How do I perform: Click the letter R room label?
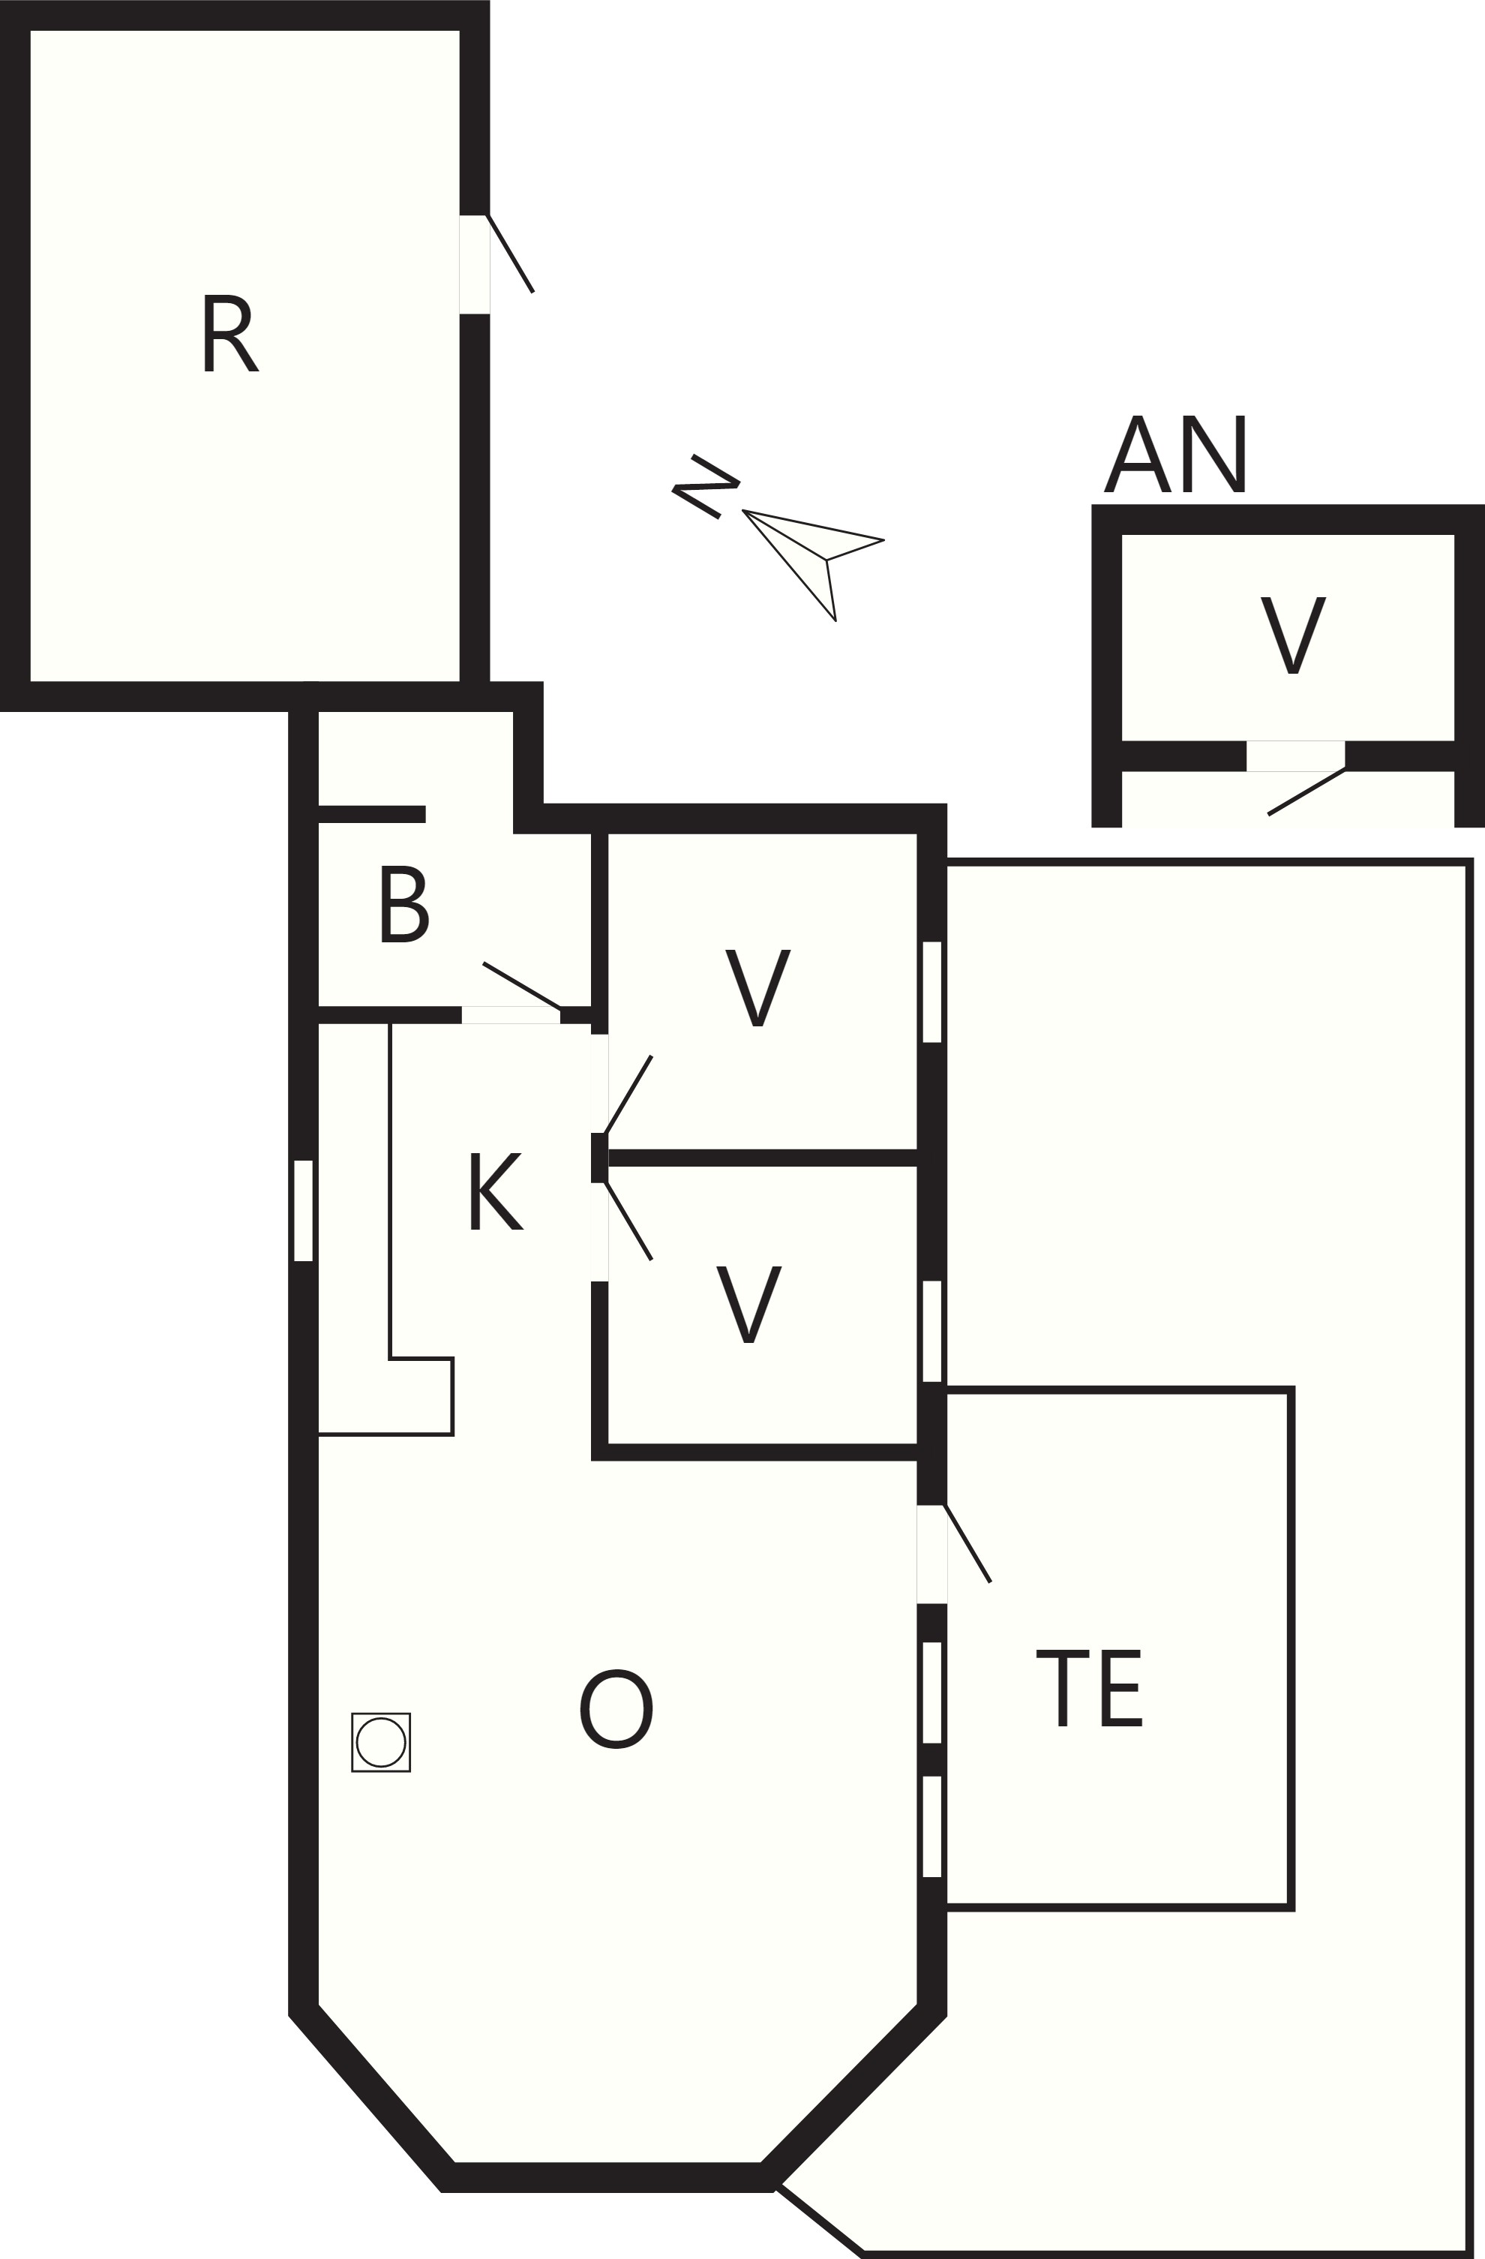coord(232,333)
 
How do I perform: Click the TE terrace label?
coord(1089,1687)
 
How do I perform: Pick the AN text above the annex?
coord(1174,454)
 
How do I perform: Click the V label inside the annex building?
coord(1292,635)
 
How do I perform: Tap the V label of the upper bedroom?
coord(757,987)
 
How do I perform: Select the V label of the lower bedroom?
coord(748,1304)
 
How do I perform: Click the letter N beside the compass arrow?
coord(705,486)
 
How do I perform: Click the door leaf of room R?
coord(511,254)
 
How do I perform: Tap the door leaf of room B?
coord(521,985)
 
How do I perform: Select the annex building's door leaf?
coord(1306,792)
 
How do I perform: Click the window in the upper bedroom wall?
coord(931,992)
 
